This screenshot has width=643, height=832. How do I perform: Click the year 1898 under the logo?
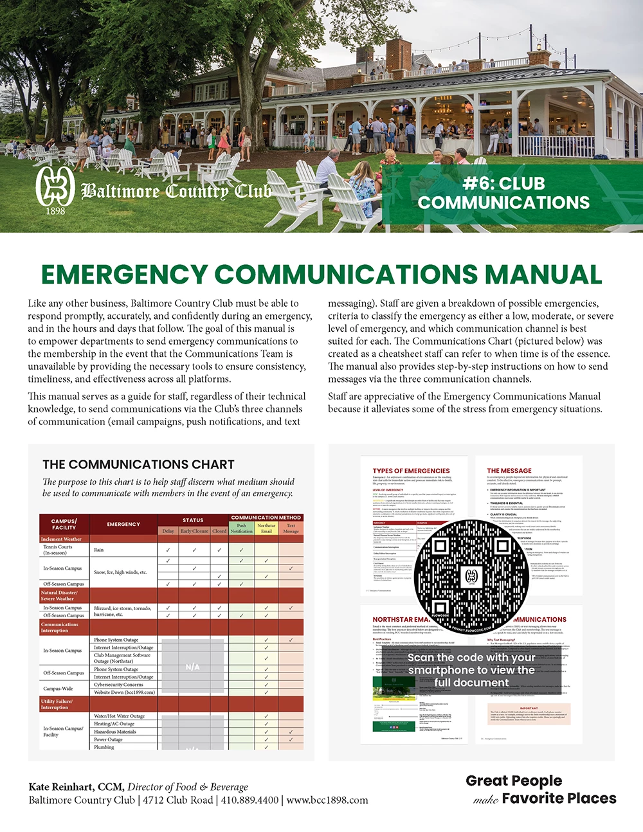click(55, 211)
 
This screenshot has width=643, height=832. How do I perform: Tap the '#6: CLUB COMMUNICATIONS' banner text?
click(503, 193)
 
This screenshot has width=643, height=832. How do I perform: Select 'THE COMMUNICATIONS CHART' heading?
click(138, 464)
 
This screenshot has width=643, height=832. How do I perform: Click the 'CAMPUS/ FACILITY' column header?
click(64, 524)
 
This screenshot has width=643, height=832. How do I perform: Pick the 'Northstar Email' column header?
click(266, 528)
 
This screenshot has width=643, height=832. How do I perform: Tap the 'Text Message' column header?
click(291, 528)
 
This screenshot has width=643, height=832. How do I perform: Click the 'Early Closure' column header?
click(194, 531)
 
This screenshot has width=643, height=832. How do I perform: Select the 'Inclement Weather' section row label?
click(61, 539)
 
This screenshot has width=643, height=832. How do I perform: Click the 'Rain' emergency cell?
click(99, 550)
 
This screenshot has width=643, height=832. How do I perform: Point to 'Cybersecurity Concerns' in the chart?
click(118, 685)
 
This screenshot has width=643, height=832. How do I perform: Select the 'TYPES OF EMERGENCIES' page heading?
click(411, 471)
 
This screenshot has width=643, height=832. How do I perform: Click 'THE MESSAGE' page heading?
click(509, 471)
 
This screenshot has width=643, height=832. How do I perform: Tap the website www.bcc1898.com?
click(327, 800)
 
